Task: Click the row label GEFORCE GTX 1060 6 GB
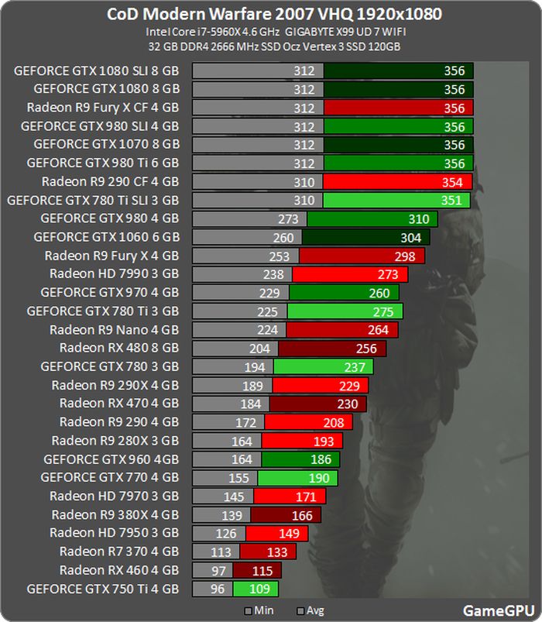click(107, 237)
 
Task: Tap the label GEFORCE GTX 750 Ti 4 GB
click(103, 589)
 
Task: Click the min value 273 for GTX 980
click(287, 219)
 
